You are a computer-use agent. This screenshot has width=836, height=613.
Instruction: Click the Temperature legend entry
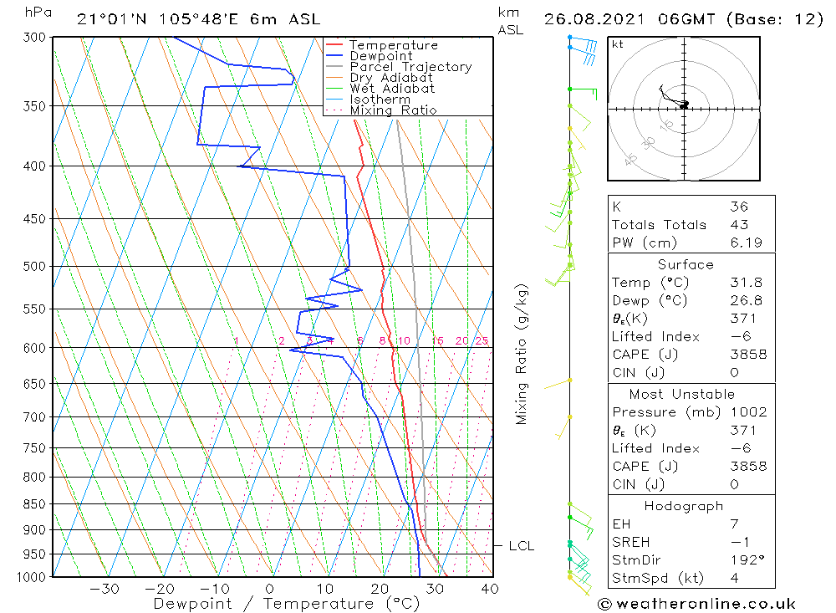point(393,45)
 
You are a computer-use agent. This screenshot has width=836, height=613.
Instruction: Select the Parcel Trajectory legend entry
point(410,67)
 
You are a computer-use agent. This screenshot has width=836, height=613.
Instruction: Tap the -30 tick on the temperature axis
point(105,589)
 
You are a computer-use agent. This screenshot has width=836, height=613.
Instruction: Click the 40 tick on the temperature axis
point(490,589)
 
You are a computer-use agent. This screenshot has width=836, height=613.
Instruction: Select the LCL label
point(521,546)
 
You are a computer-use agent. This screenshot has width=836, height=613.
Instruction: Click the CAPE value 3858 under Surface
point(747,355)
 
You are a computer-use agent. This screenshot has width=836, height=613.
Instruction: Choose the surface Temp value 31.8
point(746,283)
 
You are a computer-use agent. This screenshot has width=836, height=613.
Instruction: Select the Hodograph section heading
point(684,506)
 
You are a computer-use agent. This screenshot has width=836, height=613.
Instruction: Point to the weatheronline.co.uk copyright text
point(697,604)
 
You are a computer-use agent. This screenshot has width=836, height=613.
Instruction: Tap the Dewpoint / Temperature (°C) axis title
point(286,604)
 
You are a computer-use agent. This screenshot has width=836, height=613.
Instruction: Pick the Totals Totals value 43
point(738,225)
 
